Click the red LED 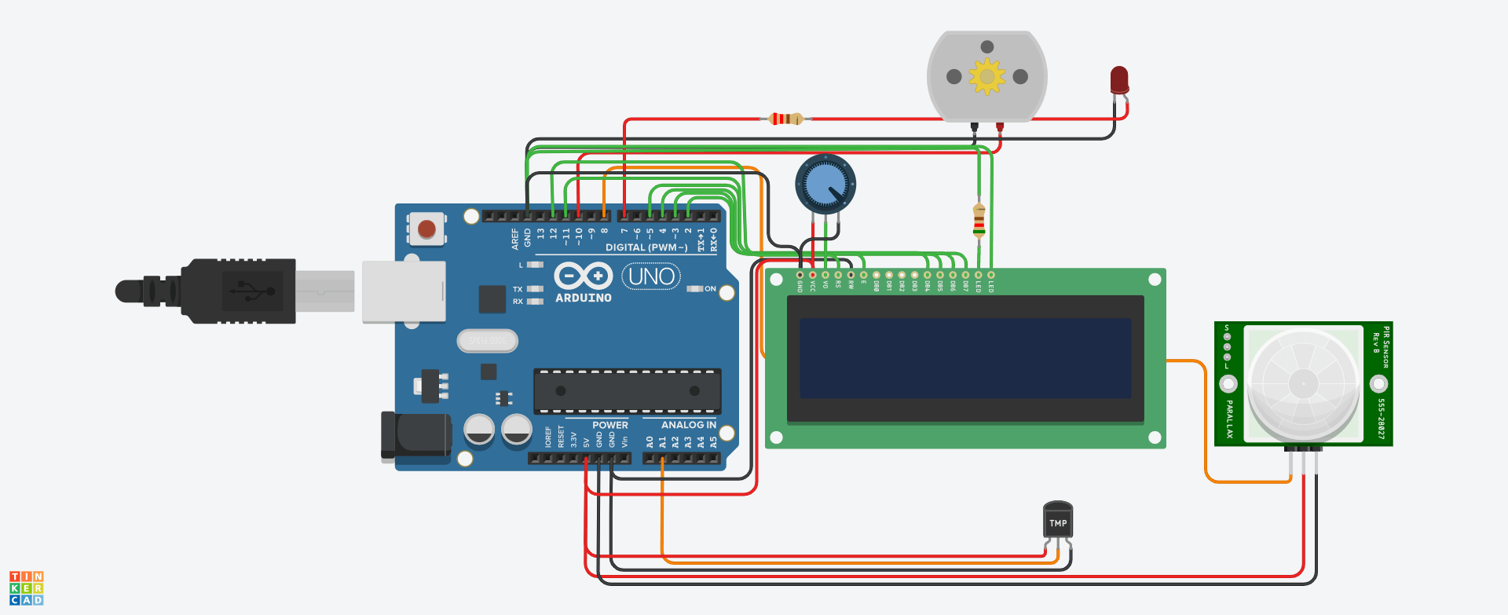(1119, 79)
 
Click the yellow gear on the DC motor (986, 76)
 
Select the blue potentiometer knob (825, 185)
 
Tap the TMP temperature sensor (1058, 521)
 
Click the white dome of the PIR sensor (1303, 383)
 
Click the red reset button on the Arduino (426, 229)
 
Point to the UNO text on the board (651, 276)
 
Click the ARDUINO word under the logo (583, 298)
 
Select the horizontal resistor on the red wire (785, 119)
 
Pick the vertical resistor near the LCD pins (979, 221)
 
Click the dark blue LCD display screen (964, 358)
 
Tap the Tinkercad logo (26, 588)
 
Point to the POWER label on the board (609, 425)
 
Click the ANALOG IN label (688, 425)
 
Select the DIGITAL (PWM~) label (646, 247)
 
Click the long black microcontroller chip (627, 390)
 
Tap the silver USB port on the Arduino (404, 291)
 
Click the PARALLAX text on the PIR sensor (1229, 419)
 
